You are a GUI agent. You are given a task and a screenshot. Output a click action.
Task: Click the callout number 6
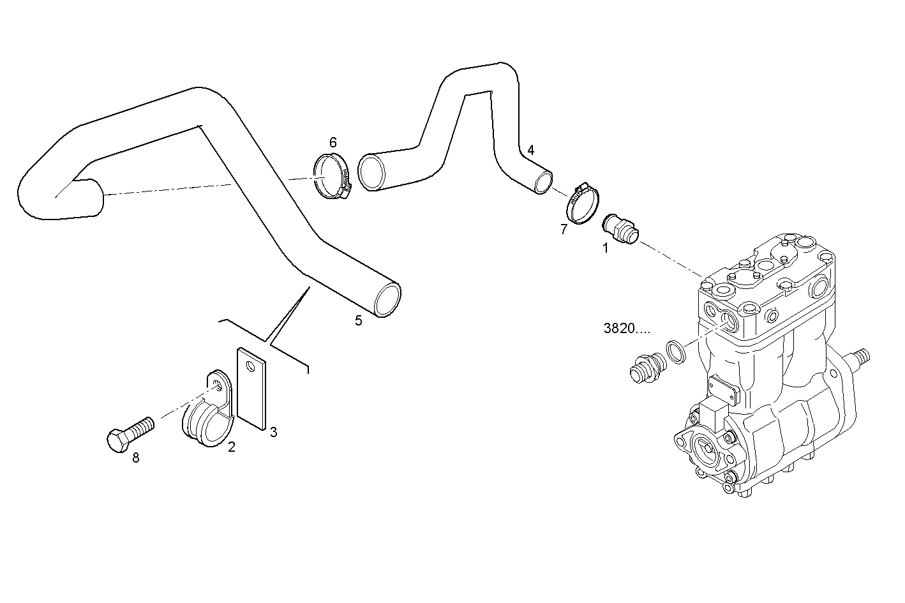[333, 142]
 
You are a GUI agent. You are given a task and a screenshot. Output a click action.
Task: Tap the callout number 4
[530, 150]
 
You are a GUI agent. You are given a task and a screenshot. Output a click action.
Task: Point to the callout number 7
[564, 230]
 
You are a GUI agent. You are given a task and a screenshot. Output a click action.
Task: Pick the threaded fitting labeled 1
[619, 229]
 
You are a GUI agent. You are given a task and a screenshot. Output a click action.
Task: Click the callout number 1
[606, 248]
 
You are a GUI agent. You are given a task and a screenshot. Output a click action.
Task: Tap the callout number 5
[359, 320]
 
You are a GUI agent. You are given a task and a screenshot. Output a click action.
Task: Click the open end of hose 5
[387, 300]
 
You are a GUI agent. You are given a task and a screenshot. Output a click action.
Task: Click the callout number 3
[273, 432]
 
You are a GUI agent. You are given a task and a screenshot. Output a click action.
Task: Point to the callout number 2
[232, 447]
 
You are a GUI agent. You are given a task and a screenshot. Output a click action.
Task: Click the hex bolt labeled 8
[130, 434]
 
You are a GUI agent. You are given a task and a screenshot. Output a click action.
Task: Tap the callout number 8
[135, 458]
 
